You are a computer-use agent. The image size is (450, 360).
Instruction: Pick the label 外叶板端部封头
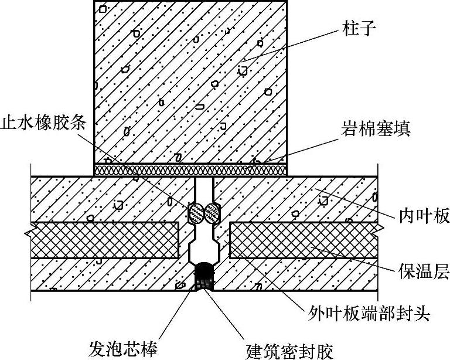[370, 314]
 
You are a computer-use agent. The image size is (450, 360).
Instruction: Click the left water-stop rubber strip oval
[195, 213]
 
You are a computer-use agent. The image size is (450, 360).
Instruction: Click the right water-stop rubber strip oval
[212, 213]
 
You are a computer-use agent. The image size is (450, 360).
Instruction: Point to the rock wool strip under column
[191, 169]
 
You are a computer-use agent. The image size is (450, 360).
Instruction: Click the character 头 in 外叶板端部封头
[422, 314]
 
